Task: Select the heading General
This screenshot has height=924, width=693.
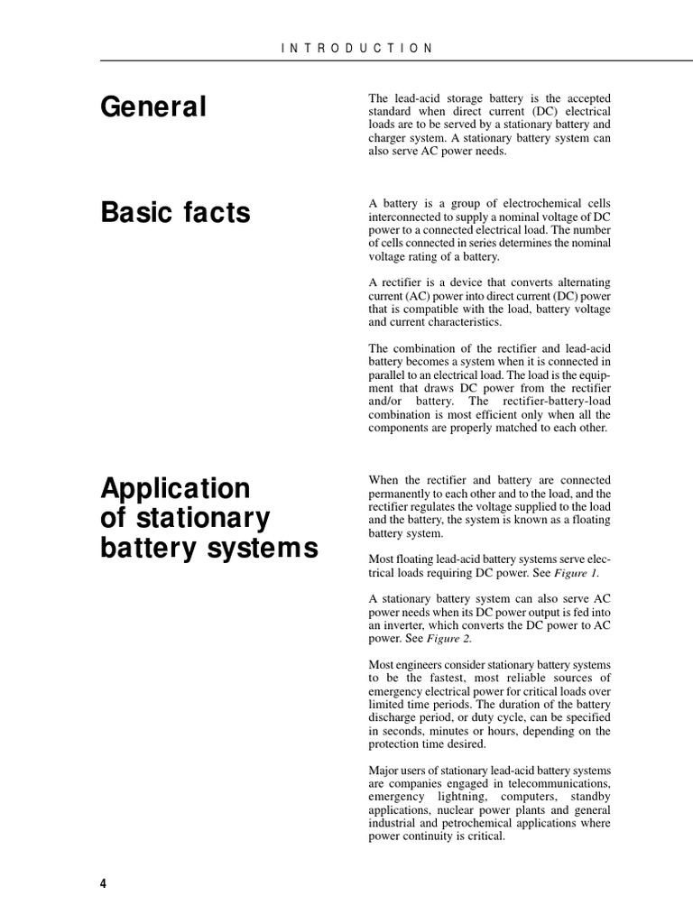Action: point(153,107)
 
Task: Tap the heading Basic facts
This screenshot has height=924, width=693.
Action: point(175,213)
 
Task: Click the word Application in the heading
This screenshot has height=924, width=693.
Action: point(175,488)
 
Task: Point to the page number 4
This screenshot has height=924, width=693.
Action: point(103,883)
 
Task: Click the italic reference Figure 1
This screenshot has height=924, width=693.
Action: point(575,573)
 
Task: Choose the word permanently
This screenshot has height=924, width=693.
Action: point(405,494)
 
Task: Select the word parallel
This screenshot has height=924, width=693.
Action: point(389,374)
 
